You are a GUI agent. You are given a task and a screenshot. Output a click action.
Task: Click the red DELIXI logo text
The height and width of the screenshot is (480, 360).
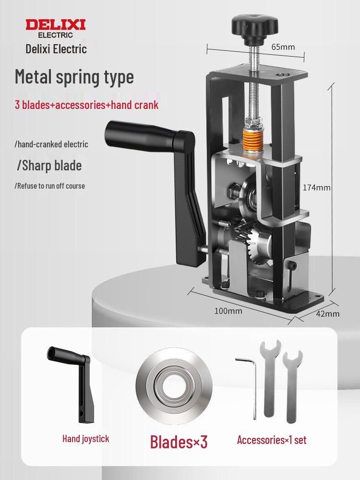pos(56,25)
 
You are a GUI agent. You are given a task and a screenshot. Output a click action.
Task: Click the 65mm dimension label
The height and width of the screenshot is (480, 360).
pos(283,47)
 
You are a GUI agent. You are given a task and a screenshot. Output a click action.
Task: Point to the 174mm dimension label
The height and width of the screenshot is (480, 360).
pos(316,187)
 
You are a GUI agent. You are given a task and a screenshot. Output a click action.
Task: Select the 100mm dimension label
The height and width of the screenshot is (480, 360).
pos(228,311)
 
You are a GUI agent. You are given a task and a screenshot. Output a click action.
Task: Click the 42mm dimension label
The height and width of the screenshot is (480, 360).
pos(328,314)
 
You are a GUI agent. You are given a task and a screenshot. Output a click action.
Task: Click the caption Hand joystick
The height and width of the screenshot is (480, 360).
pos(86,439)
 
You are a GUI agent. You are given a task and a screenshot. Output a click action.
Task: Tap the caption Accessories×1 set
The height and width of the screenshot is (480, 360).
pos(272,440)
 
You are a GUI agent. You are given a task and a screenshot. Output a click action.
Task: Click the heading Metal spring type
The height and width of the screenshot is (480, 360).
pos(74,77)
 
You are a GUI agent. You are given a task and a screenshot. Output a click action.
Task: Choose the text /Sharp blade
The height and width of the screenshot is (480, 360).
pos(49,166)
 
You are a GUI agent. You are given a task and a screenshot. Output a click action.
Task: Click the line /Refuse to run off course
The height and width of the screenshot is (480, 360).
pos(50,186)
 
